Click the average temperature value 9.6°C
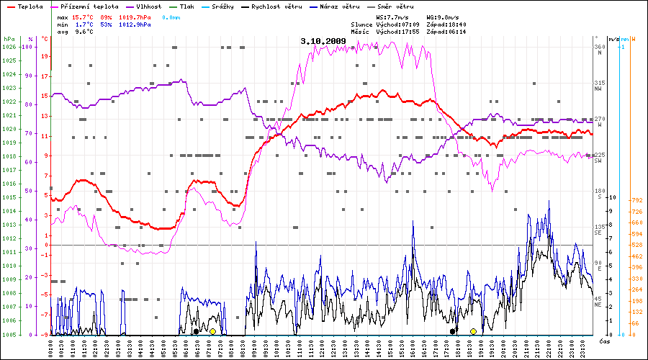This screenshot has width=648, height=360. point(84,32)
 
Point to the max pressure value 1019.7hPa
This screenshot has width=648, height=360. point(135,17)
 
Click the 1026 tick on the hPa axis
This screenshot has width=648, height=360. point(9,47)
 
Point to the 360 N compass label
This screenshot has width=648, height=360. point(598,50)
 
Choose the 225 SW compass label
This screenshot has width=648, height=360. point(598,157)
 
